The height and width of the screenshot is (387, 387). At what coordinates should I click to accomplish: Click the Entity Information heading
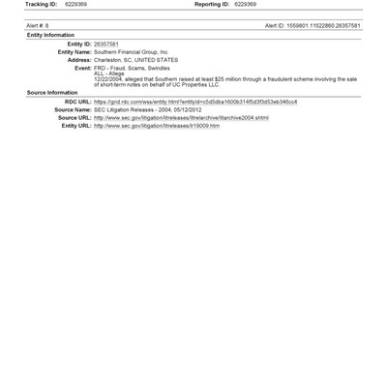[x=50, y=35]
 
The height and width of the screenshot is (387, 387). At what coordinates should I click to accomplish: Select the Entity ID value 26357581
[x=106, y=44]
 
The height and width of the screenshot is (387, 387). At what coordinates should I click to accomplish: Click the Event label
[x=82, y=68]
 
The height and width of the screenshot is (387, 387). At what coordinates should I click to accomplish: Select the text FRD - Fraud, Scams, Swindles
[x=131, y=68]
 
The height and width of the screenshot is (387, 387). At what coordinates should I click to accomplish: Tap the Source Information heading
[x=52, y=93]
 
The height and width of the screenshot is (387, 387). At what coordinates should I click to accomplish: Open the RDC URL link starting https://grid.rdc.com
[x=194, y=102]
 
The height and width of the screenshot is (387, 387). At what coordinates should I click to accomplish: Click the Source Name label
[x=73, y=109]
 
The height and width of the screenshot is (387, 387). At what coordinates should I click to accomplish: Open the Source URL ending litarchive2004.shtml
[x=181, y=118]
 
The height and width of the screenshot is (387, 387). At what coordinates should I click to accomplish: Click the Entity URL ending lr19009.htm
[x=156, y=126]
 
